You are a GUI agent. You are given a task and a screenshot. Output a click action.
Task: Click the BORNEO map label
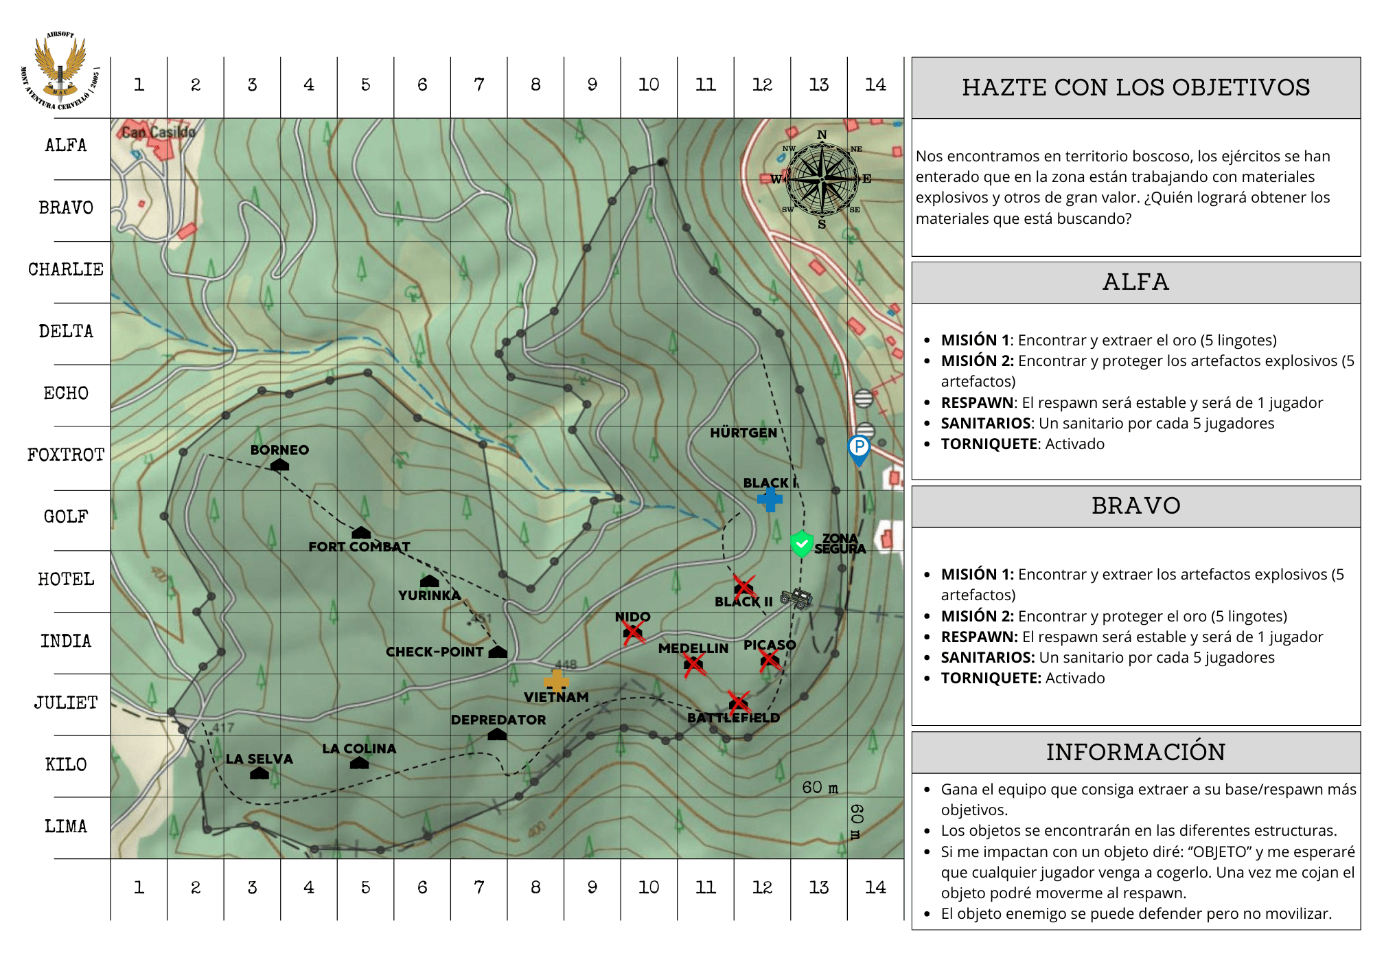279,450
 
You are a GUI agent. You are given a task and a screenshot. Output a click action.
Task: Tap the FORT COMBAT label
359,547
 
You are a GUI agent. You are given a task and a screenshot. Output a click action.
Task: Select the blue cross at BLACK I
770,499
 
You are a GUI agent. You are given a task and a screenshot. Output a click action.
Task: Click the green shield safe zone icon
801,544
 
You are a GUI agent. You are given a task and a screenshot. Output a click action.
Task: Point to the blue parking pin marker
859,450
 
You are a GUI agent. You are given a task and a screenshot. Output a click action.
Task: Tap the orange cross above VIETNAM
556,681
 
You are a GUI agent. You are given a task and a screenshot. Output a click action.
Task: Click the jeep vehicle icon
796,597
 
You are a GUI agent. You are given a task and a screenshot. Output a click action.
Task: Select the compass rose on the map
822,179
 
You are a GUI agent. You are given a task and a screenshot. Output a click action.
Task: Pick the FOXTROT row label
66,455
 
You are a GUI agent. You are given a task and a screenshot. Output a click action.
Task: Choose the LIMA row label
66,826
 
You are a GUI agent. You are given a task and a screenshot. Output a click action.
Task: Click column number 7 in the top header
479,85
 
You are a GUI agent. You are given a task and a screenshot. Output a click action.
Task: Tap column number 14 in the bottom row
875,887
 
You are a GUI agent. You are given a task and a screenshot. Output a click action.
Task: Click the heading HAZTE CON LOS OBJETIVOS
1135,88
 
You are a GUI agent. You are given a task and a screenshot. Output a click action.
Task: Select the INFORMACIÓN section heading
1135,752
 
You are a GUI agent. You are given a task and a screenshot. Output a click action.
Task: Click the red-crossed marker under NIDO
633,632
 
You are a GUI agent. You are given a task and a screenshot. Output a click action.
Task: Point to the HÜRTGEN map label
743,433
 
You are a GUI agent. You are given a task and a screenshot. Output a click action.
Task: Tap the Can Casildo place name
159,132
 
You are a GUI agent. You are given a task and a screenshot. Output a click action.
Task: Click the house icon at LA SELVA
259,773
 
